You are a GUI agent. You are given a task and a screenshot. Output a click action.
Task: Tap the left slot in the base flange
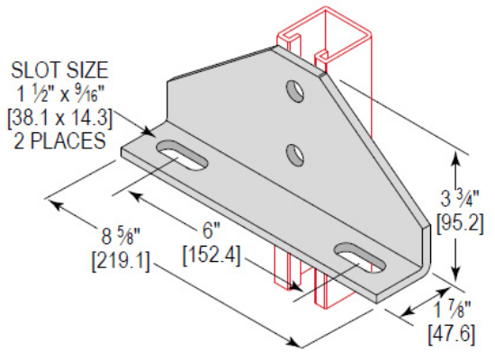pyautogui.click(x=182, y=154)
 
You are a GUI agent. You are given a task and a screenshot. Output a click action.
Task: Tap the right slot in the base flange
pyautogui.click(x=356, y=256)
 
